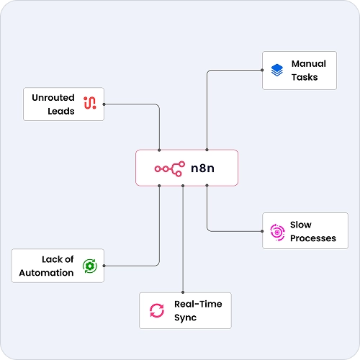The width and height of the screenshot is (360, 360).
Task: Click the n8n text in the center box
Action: pyautogui.click(x=202, y=168)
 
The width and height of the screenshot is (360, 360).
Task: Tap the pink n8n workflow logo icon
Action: pyautogui.click(x=170, y=169)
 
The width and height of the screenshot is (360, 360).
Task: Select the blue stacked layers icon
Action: pyautogui.click(x=277, y=70)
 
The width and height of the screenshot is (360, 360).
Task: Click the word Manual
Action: pyautogui.click(x=309, y=64)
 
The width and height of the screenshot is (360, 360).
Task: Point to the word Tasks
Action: pyautogui.click(x=305, y=77)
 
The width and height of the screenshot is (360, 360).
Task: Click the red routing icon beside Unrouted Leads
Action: pyautogui.click(x=90, y=103)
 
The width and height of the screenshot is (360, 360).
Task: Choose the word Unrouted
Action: pyautogui.click(x=53, y=98)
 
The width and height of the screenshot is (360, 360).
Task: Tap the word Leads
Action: pyautogui.click(x=61, y=111)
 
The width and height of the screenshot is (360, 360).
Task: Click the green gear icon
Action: pyautogui.click(x=90, y=266)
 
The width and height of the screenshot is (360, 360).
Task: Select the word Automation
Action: pyautogui.click(x=46, y=273)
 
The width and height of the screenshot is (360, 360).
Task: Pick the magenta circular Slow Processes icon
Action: pyautogui.click(x=277, y=232)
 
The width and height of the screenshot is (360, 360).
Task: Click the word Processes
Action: pyautogui.click(x=313, y=238)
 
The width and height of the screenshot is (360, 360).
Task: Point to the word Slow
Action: pyautogui.click(x=301, y=225)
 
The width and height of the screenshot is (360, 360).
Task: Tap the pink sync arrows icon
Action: pyautogui.click(x=157, y=310)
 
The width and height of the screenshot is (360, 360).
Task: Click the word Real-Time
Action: pyautogui.click(x=198, y=304)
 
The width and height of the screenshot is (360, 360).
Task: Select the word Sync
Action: pyautogui.click(x=185, y=318)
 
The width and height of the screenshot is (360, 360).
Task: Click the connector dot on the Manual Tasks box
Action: pyautogui.click(x=262, y=70)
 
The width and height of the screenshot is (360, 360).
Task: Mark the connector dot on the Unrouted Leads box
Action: pyautogui.click(x=104, y=104)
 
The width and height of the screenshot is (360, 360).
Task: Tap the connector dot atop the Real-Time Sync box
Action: pyautogui.click(x=183, y=292)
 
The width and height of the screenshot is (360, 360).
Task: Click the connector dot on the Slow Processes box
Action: pyautogui.click(x=262, y=231)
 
